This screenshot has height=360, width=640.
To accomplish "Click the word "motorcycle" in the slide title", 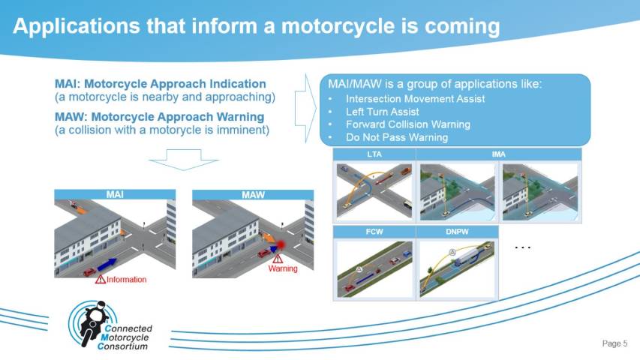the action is (338, 26).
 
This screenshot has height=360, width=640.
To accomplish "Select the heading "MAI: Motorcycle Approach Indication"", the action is (161, 84).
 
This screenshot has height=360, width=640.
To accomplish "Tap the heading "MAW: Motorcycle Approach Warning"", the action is (160, 117).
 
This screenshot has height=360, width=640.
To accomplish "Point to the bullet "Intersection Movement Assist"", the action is (415, 99).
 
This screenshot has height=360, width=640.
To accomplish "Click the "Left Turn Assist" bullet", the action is (383, 112).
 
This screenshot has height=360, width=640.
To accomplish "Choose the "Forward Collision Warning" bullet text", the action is (407, 124).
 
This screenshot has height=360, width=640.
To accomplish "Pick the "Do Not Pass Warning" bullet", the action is (397, 137).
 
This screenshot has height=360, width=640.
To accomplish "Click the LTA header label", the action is (374, 154).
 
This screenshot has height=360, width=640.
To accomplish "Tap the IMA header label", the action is (498, 154).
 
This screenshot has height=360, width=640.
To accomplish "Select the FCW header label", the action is (374, 232).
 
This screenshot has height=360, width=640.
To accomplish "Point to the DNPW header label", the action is (457, 232).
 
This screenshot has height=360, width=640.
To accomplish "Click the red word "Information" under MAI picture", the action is (126, 280).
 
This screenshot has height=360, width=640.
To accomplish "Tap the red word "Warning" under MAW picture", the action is (283, 268).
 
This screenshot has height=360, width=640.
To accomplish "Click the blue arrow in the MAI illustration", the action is (107, 264).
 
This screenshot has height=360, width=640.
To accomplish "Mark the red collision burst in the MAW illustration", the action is (281, 245).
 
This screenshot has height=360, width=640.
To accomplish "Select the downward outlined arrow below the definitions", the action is (184, 160).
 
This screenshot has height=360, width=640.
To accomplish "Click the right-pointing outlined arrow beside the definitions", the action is (305, 109).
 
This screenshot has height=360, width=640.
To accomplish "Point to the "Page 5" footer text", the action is (614, 343).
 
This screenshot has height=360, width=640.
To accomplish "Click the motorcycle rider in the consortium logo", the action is (93, 322).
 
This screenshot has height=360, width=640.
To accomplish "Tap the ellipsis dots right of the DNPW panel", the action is (522, 247).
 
